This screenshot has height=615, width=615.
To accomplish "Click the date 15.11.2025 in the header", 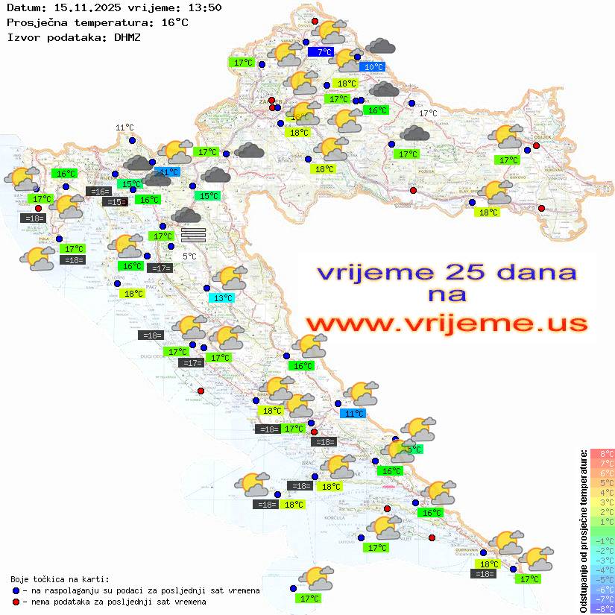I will pos(78,7).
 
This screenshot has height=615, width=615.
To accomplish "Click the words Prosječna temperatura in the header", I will pos(68,22).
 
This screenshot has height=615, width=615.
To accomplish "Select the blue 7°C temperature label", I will pos(324,52).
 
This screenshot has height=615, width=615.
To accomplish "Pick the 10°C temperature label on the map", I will pos(373,67).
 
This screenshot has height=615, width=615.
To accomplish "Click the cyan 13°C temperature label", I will pos(224,298).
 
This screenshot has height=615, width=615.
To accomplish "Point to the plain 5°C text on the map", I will pos(189,256).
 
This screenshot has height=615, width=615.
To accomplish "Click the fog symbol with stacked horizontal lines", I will pos(193,235).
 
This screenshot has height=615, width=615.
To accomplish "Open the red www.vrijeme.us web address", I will pos(447,324).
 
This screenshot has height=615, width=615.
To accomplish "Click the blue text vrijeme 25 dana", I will pos(447,272).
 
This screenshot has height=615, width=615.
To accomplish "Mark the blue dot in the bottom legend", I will pos(16,590).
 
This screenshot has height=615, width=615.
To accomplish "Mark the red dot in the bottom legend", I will pos(16,602).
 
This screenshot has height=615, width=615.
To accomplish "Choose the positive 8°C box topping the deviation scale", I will pos(602,454).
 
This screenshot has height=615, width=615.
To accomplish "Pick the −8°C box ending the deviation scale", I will pos(602,608).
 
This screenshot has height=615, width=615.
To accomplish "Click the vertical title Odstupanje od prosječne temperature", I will pos(584,530).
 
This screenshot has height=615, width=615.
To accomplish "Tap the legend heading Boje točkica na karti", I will pos(60,579).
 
